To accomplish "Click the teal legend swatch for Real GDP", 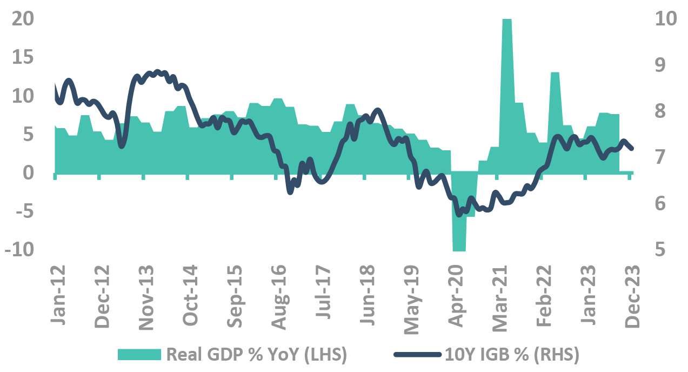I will [x=139, y=354].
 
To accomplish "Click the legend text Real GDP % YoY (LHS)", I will [x=256, y=354].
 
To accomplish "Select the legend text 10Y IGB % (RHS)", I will [x=512, y=354].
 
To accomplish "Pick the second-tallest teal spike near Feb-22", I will [x=555, y=108].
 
